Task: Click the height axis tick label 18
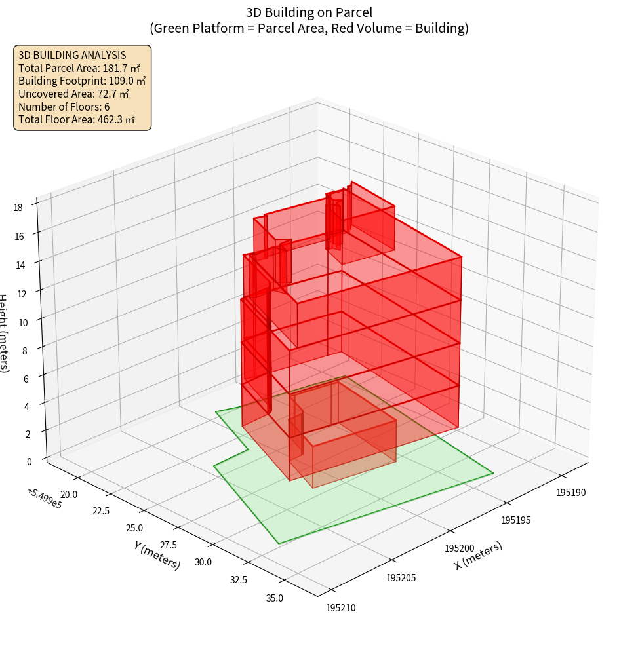click(x=18, y=207)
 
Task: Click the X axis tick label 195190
click(x=571, y=492)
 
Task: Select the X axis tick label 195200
click(x=459, y=548)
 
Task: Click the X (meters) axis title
click(x=478, y=555)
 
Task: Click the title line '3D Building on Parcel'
click(x=309, y=12)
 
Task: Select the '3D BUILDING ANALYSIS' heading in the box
click(x=72, y=55)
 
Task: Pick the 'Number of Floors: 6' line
click(x=64, y=106)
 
